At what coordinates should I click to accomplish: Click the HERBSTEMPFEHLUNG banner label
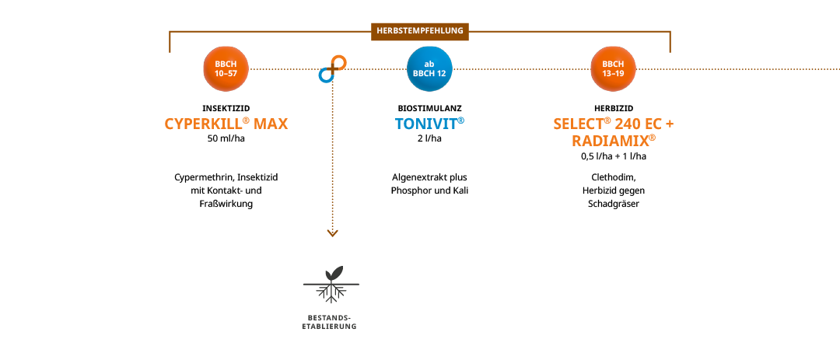(x=420, y=31)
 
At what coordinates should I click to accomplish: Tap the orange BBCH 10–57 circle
(x=226, y=68)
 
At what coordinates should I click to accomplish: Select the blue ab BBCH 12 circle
(x=429, y=68)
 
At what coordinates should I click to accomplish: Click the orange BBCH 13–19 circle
(x=613, y=68)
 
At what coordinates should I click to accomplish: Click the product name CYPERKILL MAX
(x=226, y=124)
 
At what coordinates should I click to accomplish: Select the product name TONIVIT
(x=429, y=124)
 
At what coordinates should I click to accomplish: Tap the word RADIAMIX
(x=613, y=140)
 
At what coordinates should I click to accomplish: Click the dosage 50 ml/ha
(x=226, y=139)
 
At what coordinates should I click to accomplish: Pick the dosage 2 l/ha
(x=429, y=139)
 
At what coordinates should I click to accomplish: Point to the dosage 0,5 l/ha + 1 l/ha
(x=613, y=156)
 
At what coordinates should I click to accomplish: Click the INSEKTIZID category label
(x=226, y=108)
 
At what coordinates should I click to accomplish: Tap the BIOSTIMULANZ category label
(x=429, y=108)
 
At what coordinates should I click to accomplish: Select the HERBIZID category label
(x=613, y=108)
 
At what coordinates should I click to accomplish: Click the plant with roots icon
(x=332, y=284)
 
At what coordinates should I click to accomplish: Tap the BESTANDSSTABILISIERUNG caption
(x=329, y=323)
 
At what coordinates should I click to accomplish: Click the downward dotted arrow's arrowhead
(x=332, y=232)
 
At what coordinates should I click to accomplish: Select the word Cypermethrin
(x=200, y=177)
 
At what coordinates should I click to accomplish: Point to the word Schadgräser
(x=613, y=204)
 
